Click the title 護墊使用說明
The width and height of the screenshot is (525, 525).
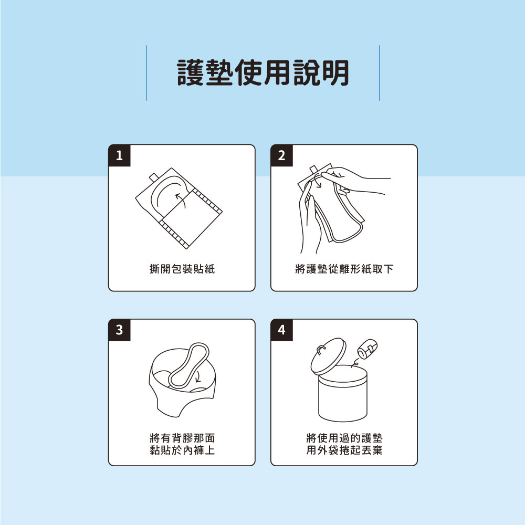click(x=262, y=72)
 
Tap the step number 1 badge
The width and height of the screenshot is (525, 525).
click(x=119, y=155)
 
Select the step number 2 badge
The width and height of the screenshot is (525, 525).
click(x=281, y=155)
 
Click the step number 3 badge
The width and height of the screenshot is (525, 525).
click(x=119, y=330)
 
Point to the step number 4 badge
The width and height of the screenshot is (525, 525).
click(x=281, y=330)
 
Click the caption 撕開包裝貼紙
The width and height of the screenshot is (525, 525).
click(x=182, y=269)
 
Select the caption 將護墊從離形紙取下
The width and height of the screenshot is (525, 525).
click(x=344, y=269)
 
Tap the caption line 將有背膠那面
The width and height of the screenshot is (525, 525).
click(x=182, y=438)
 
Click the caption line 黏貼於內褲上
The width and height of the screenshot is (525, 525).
click(x=182, y=450)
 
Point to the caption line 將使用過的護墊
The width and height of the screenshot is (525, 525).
click(x=344, y=438)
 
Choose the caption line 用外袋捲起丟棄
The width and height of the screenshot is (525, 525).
click(x=344, y=450)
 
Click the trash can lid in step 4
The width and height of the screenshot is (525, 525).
click(x=328, y=356)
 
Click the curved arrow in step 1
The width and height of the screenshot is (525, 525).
click(x=180, y=199)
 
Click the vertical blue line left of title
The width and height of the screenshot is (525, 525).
click(x=146, y=72)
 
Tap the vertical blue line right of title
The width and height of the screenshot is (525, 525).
click(x=379, y=72)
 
